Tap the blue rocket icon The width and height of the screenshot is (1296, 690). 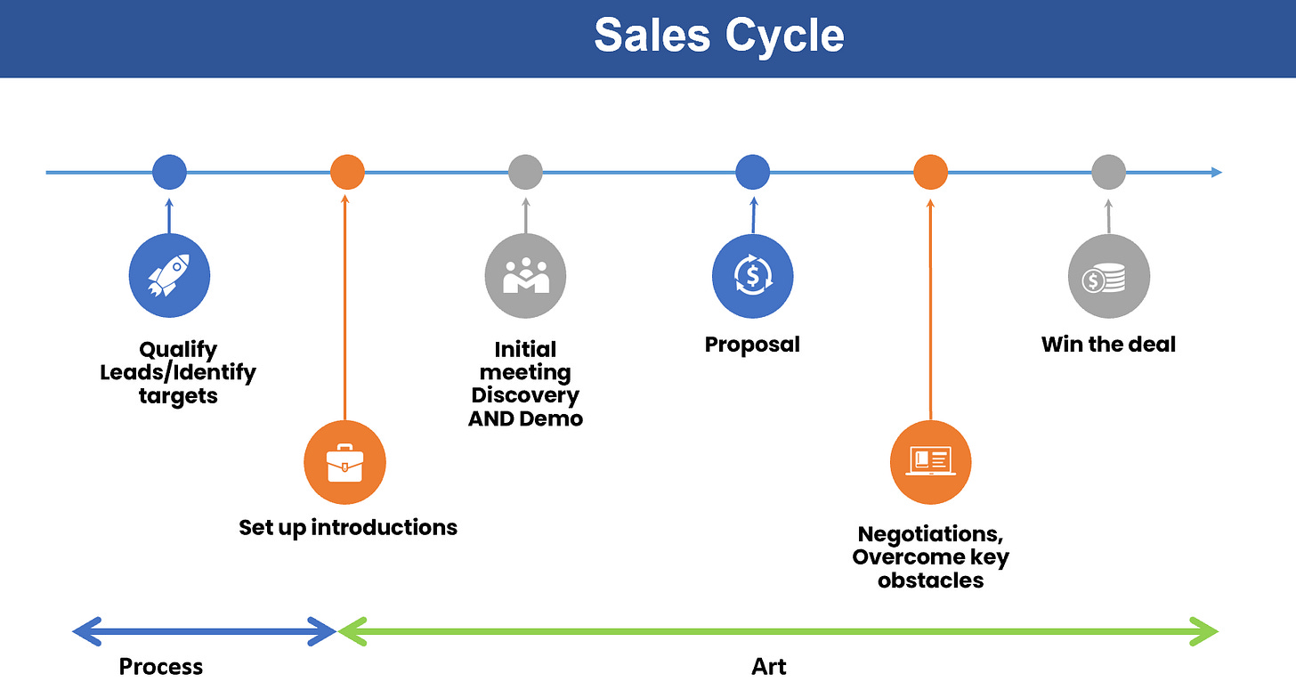[x=169, y=276]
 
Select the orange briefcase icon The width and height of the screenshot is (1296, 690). [x=345, y=462]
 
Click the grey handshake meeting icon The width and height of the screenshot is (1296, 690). [x=525, y=276]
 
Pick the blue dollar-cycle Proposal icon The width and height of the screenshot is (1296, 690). [x=752, y=276]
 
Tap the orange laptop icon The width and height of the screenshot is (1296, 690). [x=930, y=461]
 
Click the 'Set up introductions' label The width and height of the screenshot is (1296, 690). [x=348, y=527]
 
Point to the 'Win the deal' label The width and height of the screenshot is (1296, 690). [x=1108, y=344]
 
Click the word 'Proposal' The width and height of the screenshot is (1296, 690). [x=752, y=344]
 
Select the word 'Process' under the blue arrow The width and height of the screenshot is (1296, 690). [x=161, y=666]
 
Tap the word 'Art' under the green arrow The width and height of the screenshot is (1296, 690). [x=769, y=666]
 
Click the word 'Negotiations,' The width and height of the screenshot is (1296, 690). [x=930, y=534]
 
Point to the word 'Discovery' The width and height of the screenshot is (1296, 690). [x=525, y=395]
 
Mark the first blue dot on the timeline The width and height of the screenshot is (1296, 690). [x=169, y=172]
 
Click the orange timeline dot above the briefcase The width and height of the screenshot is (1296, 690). [x=347, y=172]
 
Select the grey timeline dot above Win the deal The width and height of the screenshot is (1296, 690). [x=1108, y=172]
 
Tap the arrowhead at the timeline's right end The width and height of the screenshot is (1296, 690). [x=1217, y=172]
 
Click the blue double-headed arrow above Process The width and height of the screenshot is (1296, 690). [x=205, y=632]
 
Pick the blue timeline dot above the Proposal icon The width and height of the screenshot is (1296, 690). [x=752, y=172]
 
